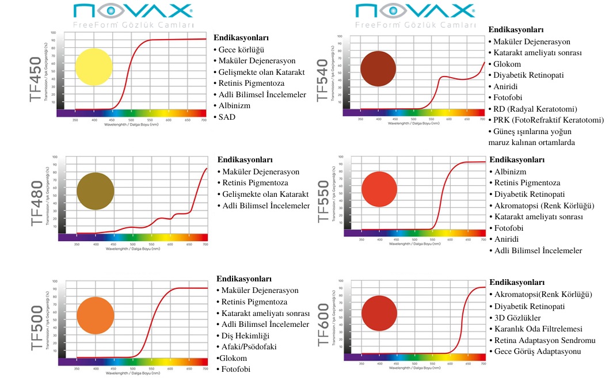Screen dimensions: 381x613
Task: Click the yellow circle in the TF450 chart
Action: tap(94, 67)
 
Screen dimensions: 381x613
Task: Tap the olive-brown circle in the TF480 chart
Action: tap(96, 191)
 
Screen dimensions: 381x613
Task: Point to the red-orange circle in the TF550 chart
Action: tap(379, 189)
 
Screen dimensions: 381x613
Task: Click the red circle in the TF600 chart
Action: tap(379, 313)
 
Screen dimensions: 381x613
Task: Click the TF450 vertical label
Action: tap(36, 79)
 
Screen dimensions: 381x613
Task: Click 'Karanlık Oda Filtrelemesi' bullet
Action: tap(539, 329)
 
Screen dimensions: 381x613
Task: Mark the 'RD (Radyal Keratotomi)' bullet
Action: tap(535, 109)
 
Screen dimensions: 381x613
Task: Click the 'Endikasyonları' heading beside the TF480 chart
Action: tap(245, 160)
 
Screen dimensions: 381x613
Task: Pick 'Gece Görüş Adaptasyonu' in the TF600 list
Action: tap(538, 352)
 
